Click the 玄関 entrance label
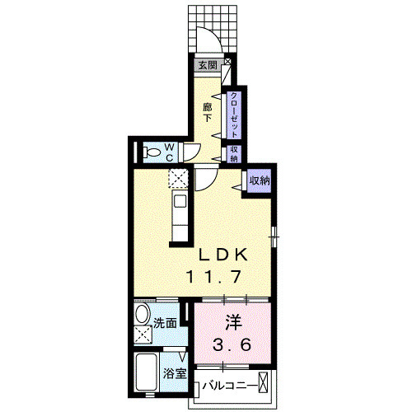(x=208, y=65)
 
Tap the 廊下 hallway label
(x=208, y=113)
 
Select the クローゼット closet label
(x=234, y=115)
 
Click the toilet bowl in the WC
(x=152, y=152)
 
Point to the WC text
(x=170, y=152)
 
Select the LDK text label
(x=223, y=255)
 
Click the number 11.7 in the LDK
(x=214, y=277)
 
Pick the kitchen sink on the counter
(x=180, y=201)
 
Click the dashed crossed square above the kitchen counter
(x=178, y=178)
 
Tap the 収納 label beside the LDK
(x=260, y=181)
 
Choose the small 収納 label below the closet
(x=234, y=154)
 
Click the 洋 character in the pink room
(x=234, y=322)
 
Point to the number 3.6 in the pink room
(x=232, y=344)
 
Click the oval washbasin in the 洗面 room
(x=143, y=314)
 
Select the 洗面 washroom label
(x=165, y=323)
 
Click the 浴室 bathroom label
(x=175, y=373)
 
